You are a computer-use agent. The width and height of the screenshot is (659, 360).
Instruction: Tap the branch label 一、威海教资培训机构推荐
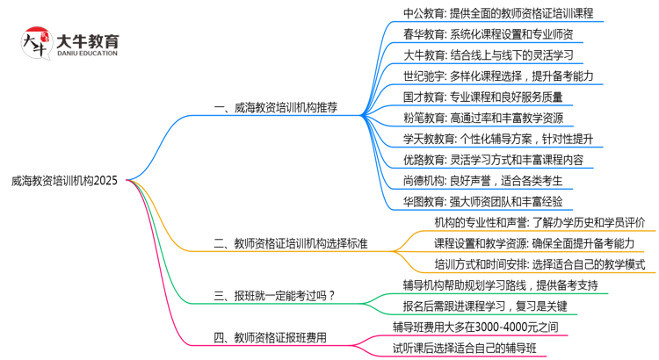click(x=276, y=108)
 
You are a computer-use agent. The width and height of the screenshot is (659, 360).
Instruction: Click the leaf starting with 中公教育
click(x=498, y=13)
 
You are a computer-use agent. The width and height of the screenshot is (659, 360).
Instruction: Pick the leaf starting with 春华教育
click(x=489, y=34)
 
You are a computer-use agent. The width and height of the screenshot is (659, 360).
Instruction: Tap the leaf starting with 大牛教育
click(x=489, y=55)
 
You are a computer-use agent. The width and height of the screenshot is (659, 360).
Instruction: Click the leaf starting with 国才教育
click(x=482, y=97)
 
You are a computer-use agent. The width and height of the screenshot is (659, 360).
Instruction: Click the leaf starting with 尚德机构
click(x=482, y=181)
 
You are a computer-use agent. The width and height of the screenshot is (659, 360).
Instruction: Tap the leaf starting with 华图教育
click(x=489, y=202)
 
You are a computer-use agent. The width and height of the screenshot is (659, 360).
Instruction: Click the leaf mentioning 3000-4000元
click(x=488, y=327)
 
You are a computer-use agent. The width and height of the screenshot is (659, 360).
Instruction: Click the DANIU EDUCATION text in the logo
click(x=87, y=54)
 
